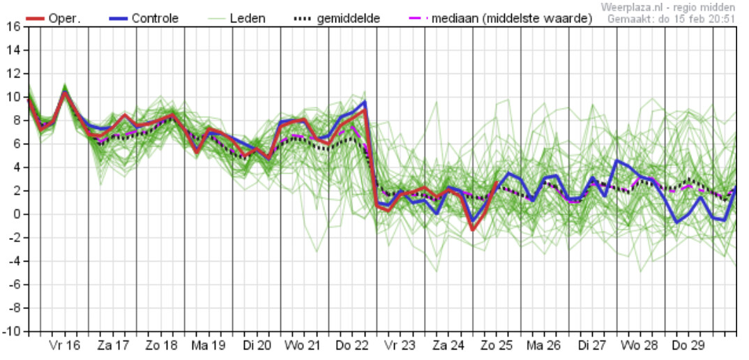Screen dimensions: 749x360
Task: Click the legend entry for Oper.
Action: click(57, 19)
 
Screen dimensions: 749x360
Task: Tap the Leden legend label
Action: click(234, 19)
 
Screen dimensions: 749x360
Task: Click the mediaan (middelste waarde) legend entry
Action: click(501, 19)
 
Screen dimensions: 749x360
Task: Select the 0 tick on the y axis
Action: click(17, 214)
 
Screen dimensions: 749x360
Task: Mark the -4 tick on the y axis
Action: click(15, 261)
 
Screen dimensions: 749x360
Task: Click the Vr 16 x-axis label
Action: click(64, 345)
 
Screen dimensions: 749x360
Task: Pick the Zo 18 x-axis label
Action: click(160, 345)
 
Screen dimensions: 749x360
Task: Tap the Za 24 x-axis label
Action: click(448, 345)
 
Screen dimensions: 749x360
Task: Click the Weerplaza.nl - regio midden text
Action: click(668, 7)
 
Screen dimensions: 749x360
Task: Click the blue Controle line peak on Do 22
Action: click(365, 101)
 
